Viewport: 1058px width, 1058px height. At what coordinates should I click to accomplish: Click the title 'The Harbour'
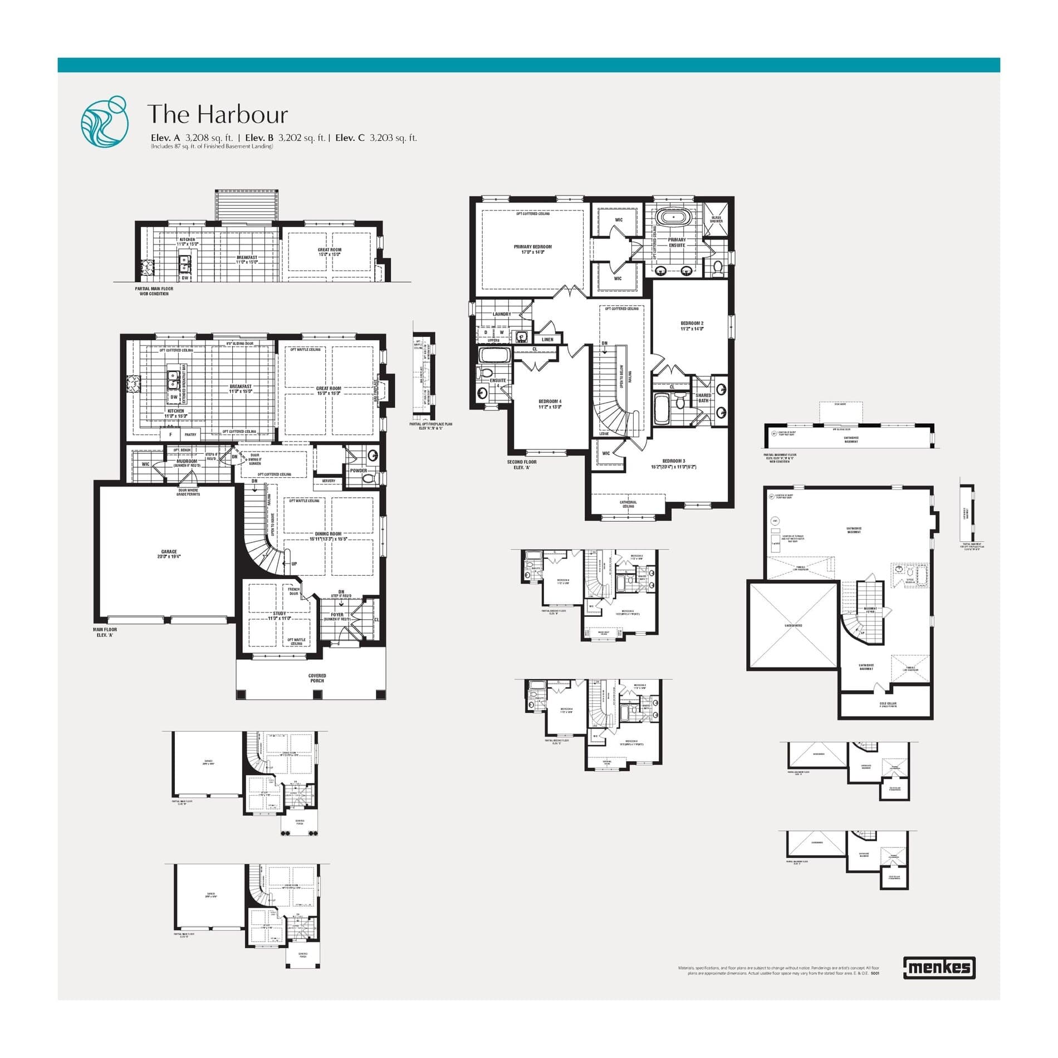pyautogui.click(x=217, y=114)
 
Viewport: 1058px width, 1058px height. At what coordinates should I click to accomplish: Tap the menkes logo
pyautogui.click(x=939, y=968)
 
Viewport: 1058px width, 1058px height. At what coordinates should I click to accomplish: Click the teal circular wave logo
pyautogui.click(x=104, y=121)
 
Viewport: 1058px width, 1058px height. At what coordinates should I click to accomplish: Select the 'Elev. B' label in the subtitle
pyautogui.click(x=259, y=138)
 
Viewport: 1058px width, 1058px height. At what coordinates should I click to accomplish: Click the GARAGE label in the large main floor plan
pyautogui.click(x=169, y=554)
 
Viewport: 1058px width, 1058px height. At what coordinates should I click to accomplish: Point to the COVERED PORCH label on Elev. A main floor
pyautogui.click(x=317, y=678)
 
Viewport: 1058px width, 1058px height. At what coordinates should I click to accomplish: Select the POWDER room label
pyautogui.click(x=358, y=471)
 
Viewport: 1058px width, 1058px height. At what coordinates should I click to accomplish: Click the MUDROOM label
pyautogui.click(x=187, y=462)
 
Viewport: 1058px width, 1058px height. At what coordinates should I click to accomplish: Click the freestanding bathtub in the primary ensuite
pyautogui.click(x=674, y=216)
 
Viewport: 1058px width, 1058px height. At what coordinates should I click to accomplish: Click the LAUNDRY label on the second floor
pyautogui.click(x=501, y=314)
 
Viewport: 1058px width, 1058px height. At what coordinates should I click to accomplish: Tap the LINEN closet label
pyautogui.click(x=547, y=339)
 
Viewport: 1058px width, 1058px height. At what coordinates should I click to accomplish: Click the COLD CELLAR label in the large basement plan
pyautogui.click(x=888, y=704)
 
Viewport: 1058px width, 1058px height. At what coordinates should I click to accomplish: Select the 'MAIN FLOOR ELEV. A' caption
pyautogui.click(x=105, y=632)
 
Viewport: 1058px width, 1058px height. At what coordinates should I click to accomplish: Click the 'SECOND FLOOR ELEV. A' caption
pyautogui.click(x=521, y=464)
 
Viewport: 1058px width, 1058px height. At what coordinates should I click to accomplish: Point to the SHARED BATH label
pyautogui.click(x=703, y=398)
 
